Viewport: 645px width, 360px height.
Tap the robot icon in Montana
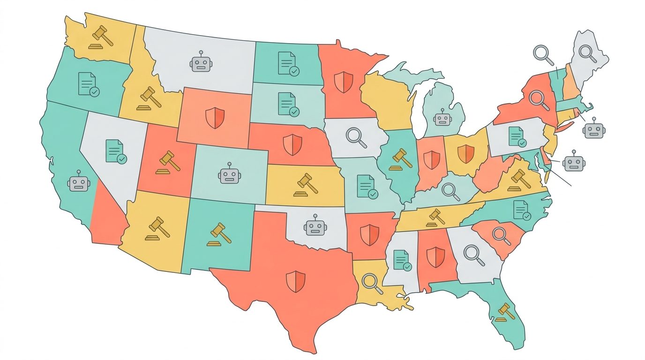(x=201, y=62)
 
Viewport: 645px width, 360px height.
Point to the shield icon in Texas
(x=296, y=281)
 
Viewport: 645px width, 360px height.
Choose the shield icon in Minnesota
(x=344, y=82)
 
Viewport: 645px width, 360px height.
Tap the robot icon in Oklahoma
(x=315, y=226)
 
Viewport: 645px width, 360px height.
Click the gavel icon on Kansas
(x=306, y=185)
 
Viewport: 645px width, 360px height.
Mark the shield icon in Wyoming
(x=215, y=117)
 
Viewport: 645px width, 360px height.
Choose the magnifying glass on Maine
(x=587, y=53)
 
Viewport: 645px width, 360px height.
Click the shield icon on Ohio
(x=466, y=154)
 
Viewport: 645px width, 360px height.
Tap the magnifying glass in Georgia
(x=474, y=254)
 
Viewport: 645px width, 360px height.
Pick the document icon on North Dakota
(x=288, y=64)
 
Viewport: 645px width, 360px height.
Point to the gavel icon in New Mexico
(x=219, y=234)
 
